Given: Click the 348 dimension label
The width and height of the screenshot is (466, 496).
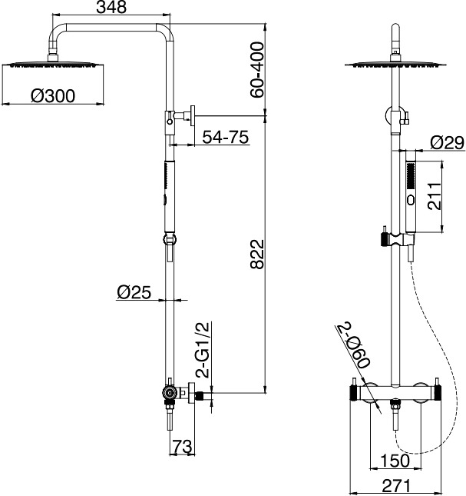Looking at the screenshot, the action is (111, 7).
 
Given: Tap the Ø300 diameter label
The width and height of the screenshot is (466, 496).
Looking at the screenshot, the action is (53, 96).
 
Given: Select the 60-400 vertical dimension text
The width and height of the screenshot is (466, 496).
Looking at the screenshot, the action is (256, 70).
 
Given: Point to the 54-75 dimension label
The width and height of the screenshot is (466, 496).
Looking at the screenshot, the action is (226, 137).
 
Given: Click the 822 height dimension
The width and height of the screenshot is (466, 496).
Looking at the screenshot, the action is (256, 255).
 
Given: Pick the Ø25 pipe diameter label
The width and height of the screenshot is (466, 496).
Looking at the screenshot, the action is (134, 292).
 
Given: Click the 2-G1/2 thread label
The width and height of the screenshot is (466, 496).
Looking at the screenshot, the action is (203, 350).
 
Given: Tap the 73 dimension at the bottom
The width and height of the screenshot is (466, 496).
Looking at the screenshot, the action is (183, 447).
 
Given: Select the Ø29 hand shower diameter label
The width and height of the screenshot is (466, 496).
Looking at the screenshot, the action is (447, 143).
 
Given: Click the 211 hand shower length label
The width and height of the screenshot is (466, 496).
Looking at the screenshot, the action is (434, 196).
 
